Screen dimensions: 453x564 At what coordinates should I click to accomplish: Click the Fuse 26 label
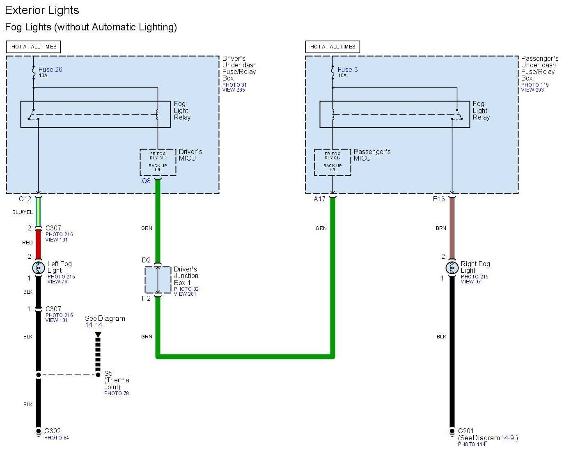50,69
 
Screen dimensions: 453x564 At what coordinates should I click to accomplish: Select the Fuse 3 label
347,69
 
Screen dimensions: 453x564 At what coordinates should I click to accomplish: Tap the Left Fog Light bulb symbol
38,268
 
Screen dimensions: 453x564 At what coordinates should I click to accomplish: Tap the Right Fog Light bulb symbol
452,268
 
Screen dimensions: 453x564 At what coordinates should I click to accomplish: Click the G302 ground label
53,431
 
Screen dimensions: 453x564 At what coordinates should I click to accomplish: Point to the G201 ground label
466,431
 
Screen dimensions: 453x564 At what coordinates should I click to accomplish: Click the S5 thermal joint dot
98,375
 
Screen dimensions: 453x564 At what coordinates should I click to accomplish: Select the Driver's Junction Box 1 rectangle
158,280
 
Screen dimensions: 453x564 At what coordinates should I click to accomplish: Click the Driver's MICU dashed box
158,162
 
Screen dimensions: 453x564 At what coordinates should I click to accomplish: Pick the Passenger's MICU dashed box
332,162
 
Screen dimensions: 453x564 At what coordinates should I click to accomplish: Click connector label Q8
146,181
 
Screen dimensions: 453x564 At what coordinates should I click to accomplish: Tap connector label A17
319,199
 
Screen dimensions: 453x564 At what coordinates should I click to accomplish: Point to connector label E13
439,199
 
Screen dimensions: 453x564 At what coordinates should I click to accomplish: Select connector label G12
25,199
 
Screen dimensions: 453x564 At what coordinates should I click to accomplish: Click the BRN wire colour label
441,228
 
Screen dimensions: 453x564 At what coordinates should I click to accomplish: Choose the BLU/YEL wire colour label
22,212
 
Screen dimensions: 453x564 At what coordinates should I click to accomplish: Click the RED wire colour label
27,242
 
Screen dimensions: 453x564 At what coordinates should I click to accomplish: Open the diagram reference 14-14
94,325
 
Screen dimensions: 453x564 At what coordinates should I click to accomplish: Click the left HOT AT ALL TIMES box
34,47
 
